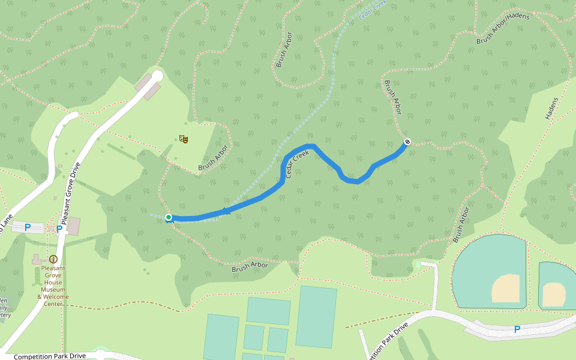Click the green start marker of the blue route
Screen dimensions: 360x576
click(169, 217)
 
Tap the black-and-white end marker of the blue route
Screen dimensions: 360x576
click(407, 142)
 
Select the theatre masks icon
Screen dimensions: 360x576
click(184, 139)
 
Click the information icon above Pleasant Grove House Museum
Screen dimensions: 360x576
click(53, 259)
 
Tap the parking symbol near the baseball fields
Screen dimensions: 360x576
click(517, 329)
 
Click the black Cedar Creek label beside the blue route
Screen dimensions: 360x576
click(297, 164)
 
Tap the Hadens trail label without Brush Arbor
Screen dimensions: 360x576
click(551, 109)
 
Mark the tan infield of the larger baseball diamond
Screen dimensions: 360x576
click(505, 289)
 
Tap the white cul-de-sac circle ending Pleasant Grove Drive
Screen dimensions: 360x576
click(157, 76)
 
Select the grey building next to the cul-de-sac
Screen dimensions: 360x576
click(148, 88)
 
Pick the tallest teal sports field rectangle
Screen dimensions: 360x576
click(316, 316)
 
